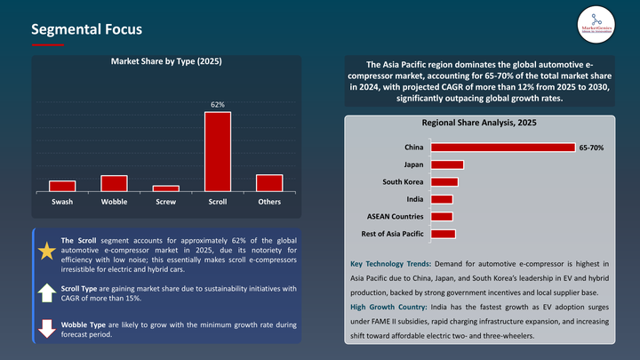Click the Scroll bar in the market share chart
click(218, 151)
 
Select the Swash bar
click(62, 186)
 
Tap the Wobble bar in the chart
click(114, 183)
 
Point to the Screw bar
click(165, 188)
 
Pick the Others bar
click(269, 182)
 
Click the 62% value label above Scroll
click(218, 105)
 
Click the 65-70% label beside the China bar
click(591, 148)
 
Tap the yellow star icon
click(46, 251)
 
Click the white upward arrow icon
click(46, 292)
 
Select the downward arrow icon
click(46, 330)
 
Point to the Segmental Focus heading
click(86, 29)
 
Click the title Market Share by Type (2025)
click(165, 61)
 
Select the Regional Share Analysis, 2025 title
click(481, 122)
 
